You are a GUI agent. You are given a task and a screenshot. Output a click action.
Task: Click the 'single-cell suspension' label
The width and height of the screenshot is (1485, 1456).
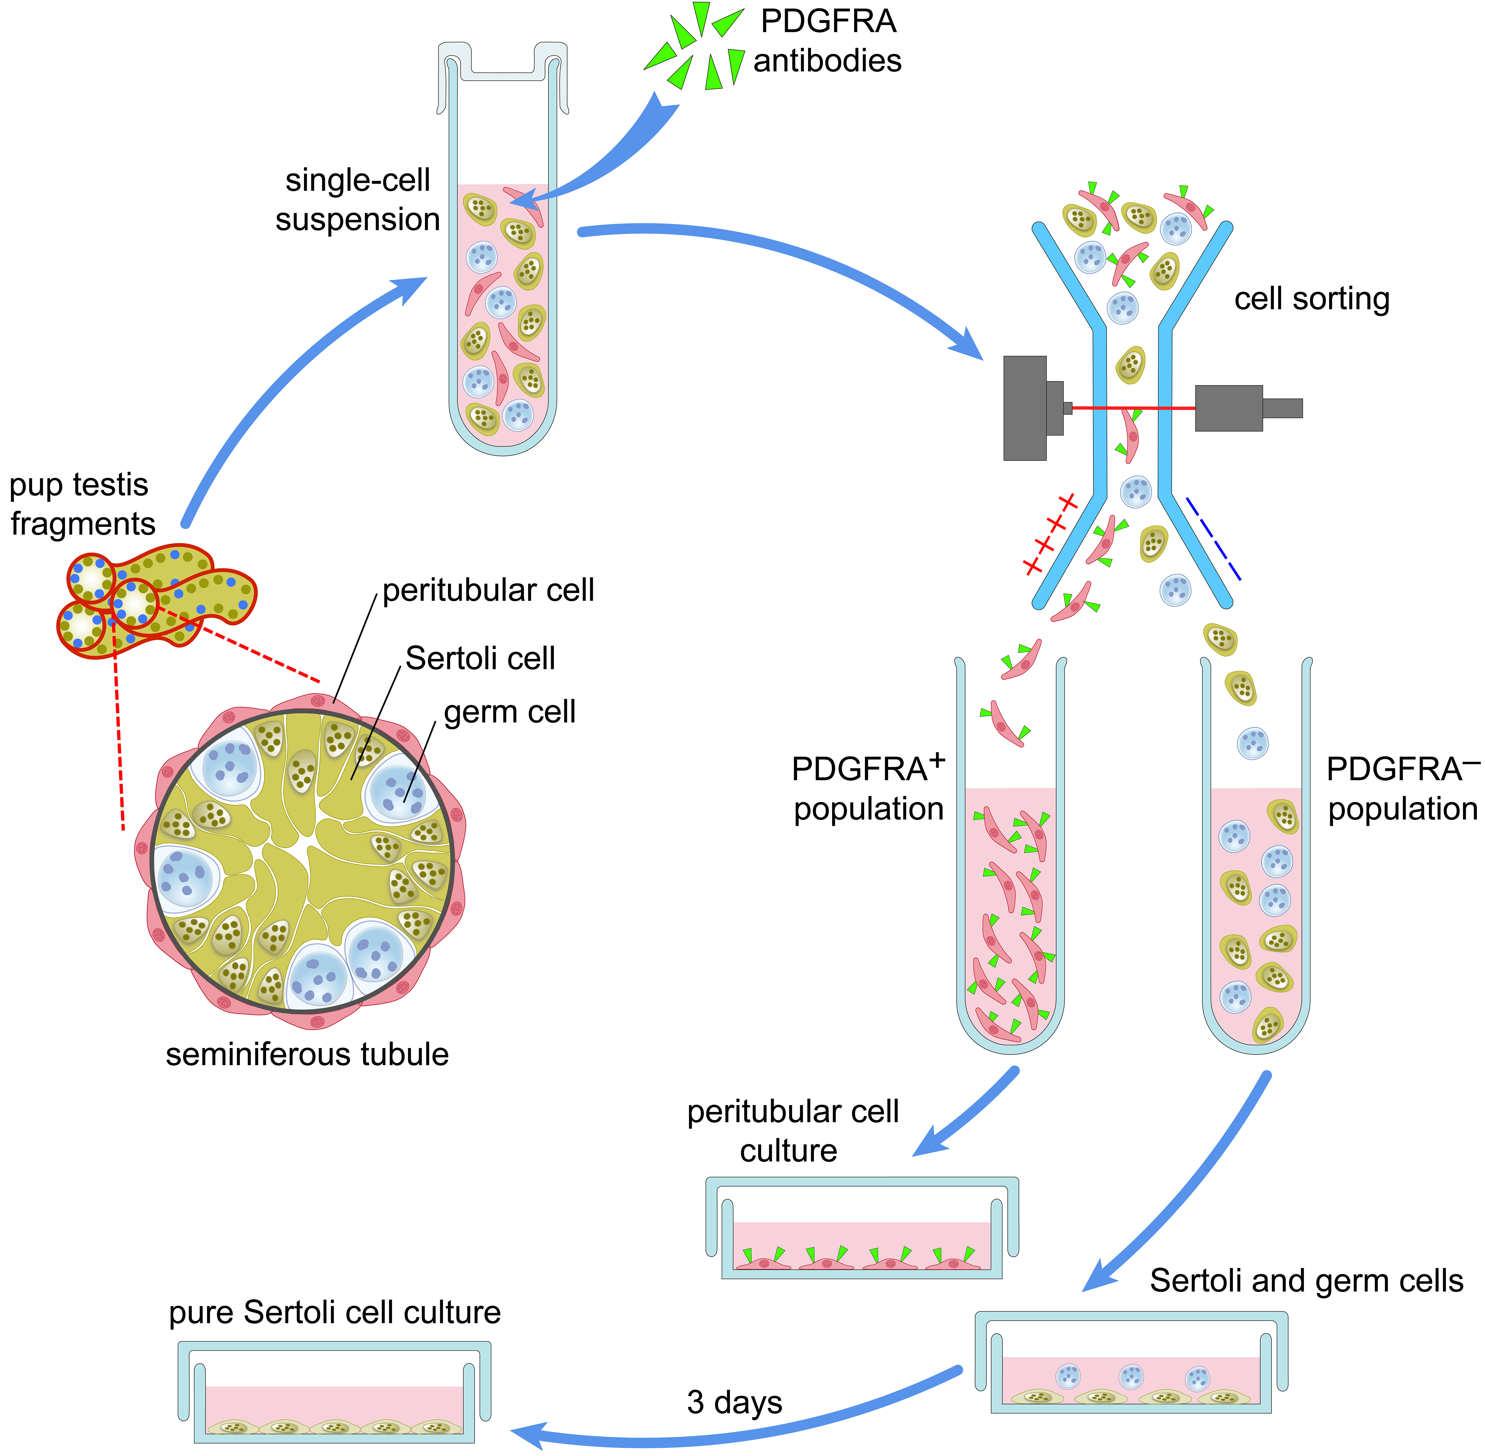pos(357,200)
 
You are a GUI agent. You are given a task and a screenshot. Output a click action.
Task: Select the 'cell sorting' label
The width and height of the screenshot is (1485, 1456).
pos(1311,299)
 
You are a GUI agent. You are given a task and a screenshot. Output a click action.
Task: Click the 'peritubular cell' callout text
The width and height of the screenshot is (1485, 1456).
pos(488,590)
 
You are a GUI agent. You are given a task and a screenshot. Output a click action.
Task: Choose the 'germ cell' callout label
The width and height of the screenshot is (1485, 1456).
pos(509,712)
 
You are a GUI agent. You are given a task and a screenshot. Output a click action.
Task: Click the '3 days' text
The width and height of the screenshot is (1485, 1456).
pos(734,1402)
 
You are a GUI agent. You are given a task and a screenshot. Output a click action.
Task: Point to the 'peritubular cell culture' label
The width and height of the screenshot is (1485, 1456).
pos(792,1131)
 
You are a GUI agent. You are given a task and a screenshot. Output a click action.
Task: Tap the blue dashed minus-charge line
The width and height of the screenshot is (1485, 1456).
pos(1213,538)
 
